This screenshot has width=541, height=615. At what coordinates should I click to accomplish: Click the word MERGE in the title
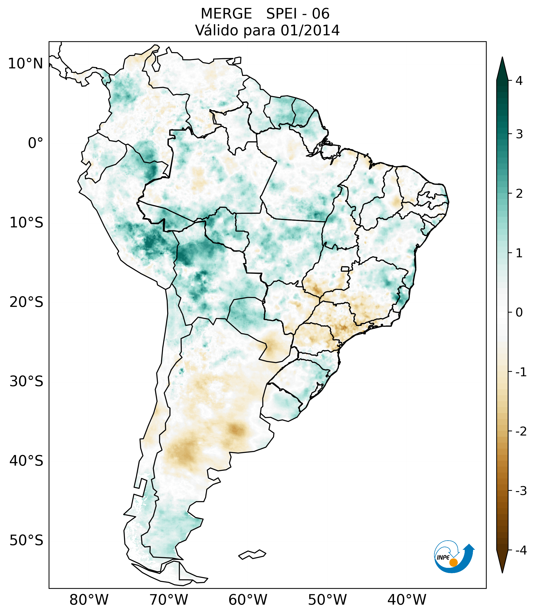226,14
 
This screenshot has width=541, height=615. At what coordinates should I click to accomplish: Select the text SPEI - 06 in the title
298,14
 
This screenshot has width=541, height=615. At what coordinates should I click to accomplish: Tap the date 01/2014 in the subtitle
310,30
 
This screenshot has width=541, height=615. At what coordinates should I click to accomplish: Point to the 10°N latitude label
26,64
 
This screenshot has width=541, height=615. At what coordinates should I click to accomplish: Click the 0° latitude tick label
36,143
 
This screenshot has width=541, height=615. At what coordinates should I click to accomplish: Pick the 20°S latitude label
26,302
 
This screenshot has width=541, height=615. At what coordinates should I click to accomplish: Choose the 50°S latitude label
26,541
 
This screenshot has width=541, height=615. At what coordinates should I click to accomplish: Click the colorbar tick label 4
519,81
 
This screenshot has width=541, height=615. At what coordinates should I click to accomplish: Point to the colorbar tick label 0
519,313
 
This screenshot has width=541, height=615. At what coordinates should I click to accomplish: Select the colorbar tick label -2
521,432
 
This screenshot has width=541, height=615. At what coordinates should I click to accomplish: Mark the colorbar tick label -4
521,551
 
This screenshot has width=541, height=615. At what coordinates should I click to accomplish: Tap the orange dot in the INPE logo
453,562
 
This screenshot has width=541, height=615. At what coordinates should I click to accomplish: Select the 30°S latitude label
26,381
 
